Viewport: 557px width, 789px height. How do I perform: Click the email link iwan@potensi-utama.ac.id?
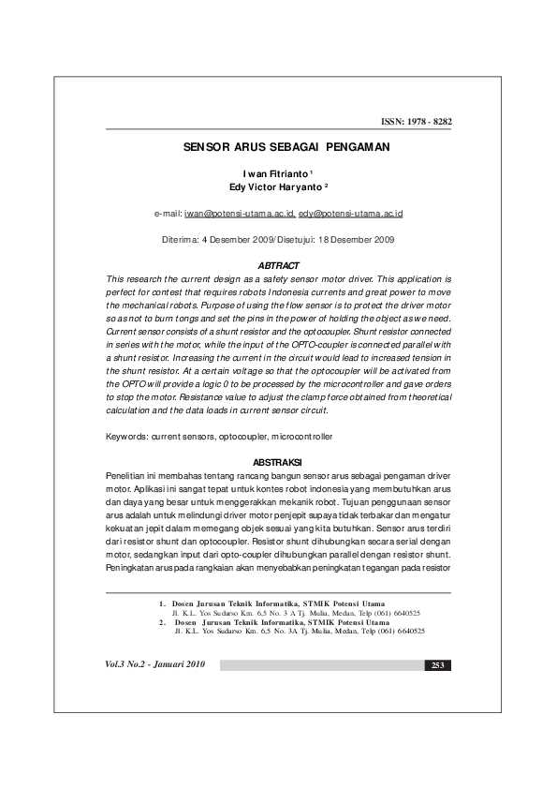point(241,214)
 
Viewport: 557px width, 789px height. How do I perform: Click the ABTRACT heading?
point(278,267)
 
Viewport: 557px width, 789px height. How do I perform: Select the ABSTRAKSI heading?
point(278,462)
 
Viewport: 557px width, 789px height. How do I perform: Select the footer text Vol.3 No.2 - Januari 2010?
point(155,665)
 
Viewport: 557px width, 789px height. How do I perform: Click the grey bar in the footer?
point(318,665)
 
